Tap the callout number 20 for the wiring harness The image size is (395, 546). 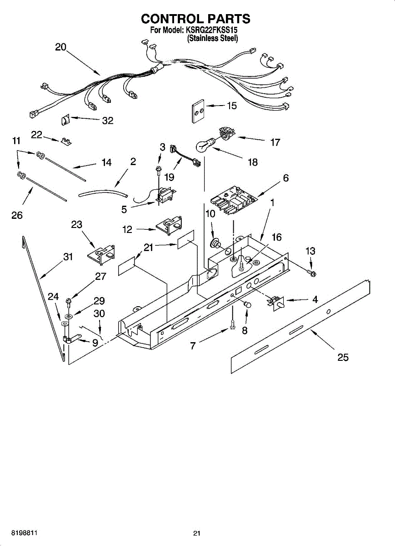61,47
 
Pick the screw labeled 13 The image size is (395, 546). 313,273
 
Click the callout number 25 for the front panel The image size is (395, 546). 343,357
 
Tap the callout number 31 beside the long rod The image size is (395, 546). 68,257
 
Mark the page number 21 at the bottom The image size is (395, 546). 197,533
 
